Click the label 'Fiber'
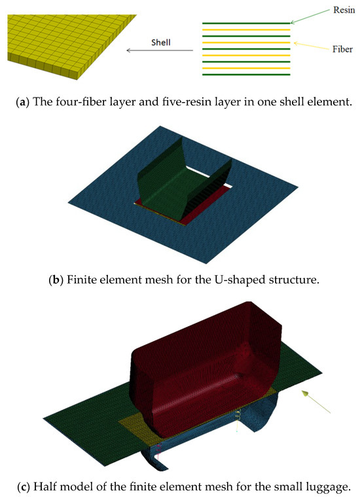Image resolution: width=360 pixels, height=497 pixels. pyautogui.click(x=336, y=48)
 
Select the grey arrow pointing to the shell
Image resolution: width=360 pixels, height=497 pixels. pyautogui.click(x=160, y=50)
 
